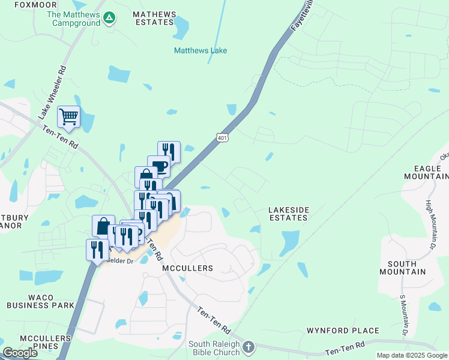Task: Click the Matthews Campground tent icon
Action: [x=109, y=18]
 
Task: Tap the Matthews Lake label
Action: [x=200, y=50]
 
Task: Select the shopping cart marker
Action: [x=68, y=116]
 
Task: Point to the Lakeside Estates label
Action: [x=288, y=214]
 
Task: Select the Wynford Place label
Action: [x=343, y=331]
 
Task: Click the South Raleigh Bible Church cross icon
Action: [x=249, y=347]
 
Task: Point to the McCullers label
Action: [x=188, y=268]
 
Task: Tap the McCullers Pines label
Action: [x=37, y=342]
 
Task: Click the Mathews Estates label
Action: [x=152, y=18]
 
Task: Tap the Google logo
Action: [x=20, y=353]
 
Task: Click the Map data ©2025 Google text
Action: [x=412, y=355]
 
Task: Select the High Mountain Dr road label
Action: [x=430, y=224]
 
